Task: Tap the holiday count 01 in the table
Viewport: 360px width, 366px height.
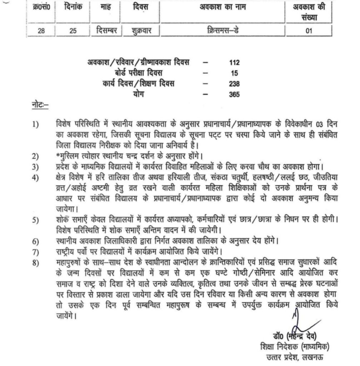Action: (309, 31)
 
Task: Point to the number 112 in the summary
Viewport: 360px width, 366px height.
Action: (234, 63)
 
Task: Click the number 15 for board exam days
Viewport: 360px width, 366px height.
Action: (234, 74)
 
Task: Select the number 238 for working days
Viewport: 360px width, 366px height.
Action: (234, 84)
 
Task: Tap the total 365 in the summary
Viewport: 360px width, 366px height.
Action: (234, 95)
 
